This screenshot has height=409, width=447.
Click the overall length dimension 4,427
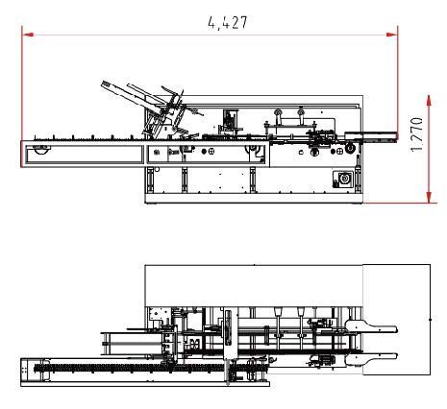(x=228, y=23)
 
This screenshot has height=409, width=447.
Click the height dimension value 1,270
(x=416, y=134)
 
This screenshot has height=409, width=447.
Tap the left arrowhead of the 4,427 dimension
(x=28, y=35)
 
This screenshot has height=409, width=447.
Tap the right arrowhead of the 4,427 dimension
(x=392, y=35)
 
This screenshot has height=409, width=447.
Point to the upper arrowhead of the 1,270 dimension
(x=429, y=100)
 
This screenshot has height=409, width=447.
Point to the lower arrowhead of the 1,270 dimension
(x=429, y=197)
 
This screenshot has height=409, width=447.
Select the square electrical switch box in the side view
(x=343, y=180)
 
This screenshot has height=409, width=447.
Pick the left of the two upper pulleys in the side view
(x=278, y=112)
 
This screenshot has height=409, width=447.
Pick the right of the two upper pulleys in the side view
(x=301, y=112)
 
